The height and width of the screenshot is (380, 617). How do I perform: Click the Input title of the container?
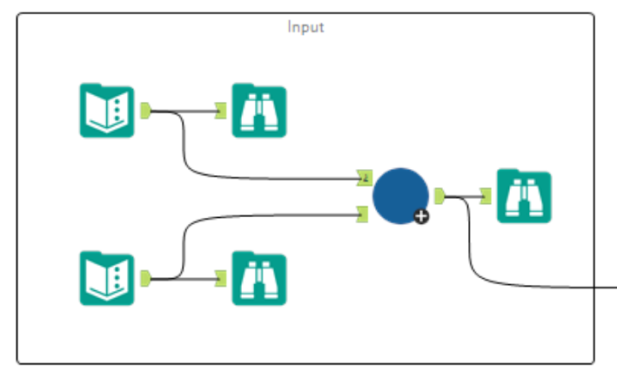point(305,27)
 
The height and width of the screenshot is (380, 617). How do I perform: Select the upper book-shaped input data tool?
point(106,111)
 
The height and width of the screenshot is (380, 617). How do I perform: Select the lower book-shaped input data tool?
point(106,278)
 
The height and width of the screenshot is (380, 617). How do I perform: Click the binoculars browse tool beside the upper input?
point(258,111)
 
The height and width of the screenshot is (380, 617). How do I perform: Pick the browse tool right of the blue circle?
point(523,197)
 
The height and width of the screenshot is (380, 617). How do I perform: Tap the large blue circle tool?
point(399,194)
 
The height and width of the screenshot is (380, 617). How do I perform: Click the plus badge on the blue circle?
point(421,216)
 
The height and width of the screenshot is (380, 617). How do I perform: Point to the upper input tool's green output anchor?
point(146,111)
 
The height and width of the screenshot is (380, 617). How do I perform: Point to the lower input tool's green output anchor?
point(146,278)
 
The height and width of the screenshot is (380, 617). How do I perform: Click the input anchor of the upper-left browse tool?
point(221,111)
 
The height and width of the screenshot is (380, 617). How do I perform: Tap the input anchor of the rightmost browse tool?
point(486,197)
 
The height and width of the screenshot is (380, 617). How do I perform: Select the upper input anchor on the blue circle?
point(365,179)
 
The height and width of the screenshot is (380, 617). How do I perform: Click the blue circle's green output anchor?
point(439,196)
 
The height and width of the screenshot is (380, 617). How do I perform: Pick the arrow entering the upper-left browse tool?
point(196,111)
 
